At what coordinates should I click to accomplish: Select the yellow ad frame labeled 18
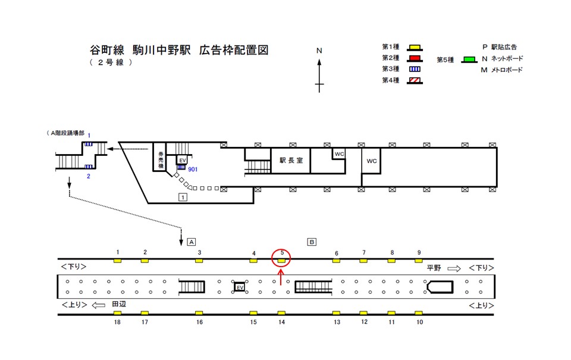(x=118, y=313)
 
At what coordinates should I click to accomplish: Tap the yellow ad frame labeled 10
(x=419, y=313)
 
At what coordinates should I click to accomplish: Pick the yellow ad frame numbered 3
(x=199, y=261)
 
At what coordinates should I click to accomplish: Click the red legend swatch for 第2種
(x=415, y=58)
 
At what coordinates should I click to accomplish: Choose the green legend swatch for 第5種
(x=469, y=60)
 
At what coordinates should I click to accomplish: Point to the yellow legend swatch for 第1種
(x=415, y=47)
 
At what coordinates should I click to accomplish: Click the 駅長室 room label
(x=291, y=161)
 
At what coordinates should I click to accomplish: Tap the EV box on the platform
(x=240, y=287)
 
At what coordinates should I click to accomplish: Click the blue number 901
(x=193, y=170)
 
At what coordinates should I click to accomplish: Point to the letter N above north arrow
(x=319, y=51)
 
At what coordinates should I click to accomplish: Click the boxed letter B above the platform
(x=311, y=242)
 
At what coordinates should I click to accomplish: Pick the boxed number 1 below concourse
(x=184, y=197)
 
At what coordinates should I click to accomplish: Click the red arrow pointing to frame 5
(x=281, y=278)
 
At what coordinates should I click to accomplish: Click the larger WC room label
(x=372, y=161)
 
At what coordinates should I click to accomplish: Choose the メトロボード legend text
(x=506, y=70)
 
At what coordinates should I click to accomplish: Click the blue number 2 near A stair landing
(x=88, y=176)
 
